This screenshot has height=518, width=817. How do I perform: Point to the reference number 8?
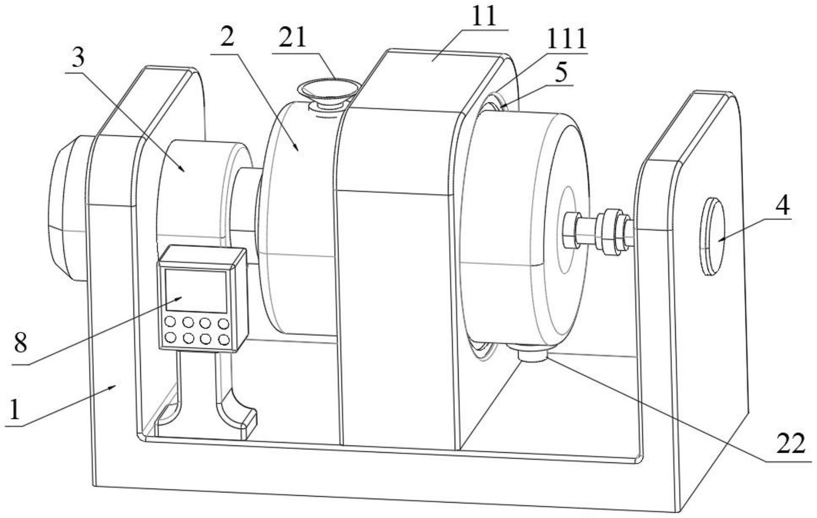(x=21, y=343)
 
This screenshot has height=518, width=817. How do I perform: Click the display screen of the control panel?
(x=195, y=291)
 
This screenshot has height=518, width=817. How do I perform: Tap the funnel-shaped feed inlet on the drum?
(x=328, y=92)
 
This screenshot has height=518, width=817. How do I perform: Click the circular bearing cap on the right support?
(x=713, y=236)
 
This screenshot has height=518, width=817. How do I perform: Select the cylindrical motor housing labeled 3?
(x=198, y=188)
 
